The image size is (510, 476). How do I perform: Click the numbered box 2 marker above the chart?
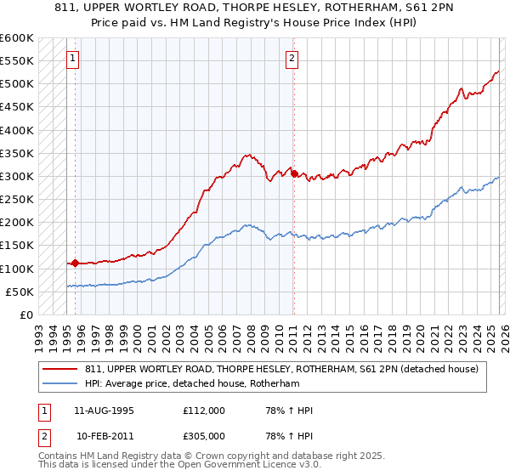tap(292, 59)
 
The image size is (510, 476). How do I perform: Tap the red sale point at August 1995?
tap(75, 263)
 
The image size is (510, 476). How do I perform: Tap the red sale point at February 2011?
tap(294, 173)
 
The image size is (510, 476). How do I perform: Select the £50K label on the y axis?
tap(20, 292)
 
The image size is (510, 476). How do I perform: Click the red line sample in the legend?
tap(60, 368)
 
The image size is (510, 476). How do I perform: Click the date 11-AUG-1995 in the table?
tap(105, 411)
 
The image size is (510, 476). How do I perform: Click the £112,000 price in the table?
tap(204, 411)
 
